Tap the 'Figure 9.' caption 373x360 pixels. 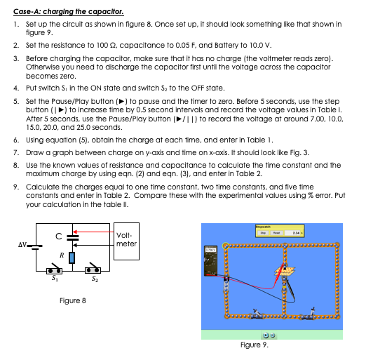tap(254, 345)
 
